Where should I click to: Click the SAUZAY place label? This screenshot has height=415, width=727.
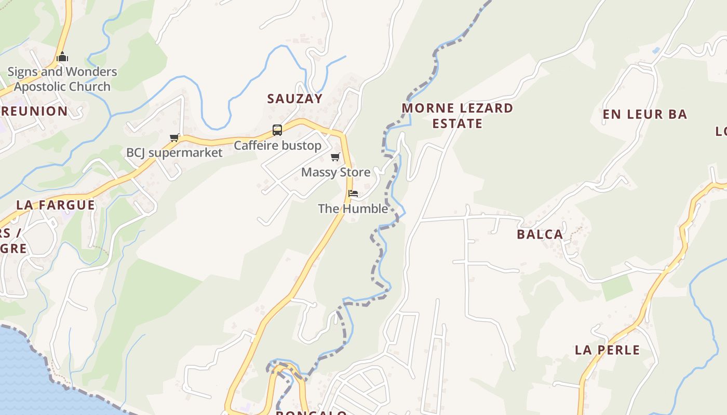[294, 99]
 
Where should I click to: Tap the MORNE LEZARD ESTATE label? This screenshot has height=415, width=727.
[457, 116]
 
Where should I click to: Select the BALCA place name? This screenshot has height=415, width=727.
[540, 234]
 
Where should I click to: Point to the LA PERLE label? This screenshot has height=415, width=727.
[607, 350]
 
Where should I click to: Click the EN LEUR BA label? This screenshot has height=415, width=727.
[644, 114]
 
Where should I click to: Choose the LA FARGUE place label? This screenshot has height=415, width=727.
[56, 205]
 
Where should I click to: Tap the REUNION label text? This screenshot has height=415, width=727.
[34, 111]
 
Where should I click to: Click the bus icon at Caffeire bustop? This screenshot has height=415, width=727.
[277, 130]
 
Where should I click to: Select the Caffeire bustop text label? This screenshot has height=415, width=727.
[277, 146]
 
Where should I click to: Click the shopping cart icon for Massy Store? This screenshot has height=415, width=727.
[335, 157]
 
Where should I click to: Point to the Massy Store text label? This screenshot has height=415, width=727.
[335, 172]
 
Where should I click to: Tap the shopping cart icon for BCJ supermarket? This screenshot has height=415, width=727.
[174, 137]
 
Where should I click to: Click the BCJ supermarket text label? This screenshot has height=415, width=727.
[174, 153]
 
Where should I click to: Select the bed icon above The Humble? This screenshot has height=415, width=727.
[353, 193]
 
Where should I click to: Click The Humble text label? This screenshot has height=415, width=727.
[353, 209]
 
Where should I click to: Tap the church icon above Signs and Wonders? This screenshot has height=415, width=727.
[62, 57]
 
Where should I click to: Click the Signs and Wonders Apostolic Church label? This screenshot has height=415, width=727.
[62, 79]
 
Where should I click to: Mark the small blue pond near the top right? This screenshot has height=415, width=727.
[656, 51]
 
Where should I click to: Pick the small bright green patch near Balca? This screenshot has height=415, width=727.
[617, 288]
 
